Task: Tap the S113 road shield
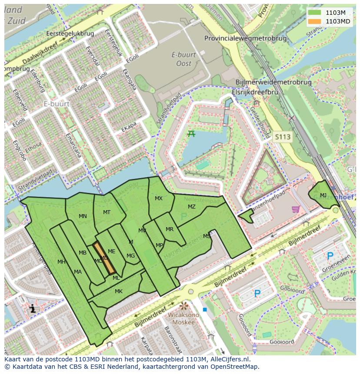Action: click(282, 137)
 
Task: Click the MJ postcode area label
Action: click(323, 195)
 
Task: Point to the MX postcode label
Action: click(159, 199)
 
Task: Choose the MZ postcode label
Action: click(192, 207)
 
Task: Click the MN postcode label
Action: click(83, 216)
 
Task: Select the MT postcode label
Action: click(107, 212)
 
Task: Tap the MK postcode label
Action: click(119, 291)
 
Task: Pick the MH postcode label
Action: click(61, 262)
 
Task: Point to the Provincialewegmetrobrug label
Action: click(246, 38)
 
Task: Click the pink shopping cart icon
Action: click(296, 209)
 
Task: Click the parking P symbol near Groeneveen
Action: click(330, 256)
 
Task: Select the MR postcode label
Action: click(170, 229)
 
